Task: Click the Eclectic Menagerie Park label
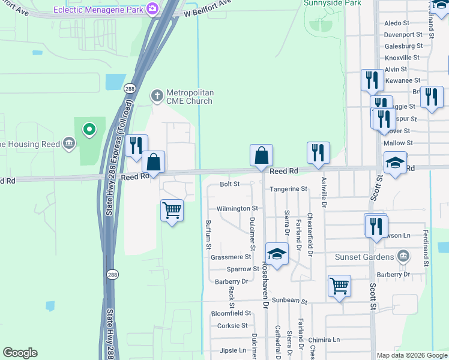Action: pos(100,9)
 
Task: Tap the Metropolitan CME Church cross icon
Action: pos(157,95)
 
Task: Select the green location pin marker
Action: pos(89,128)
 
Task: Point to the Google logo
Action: pos(20,353)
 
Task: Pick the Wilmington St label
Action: pos(237,209)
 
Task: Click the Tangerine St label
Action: pos(288,188)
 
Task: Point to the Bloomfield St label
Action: pos(231,313)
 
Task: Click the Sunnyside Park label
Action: pos(324,3)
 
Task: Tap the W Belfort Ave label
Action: pos(208,8)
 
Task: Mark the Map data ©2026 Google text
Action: pos(412,355)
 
